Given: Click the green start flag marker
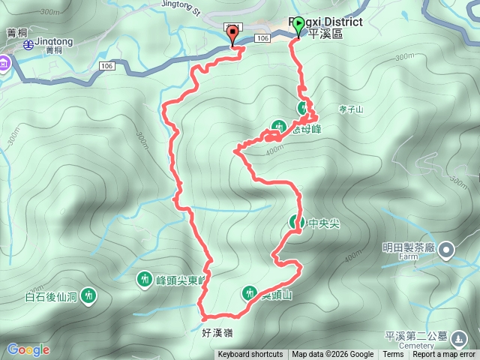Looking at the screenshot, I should (298, 26).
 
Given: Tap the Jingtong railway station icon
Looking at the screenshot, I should (28, 44).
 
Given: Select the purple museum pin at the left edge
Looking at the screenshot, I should (3, 63).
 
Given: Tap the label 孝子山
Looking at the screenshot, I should (349, 109).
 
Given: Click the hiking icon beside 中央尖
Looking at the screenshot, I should (295, 222).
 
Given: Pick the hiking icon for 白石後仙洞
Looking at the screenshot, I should (89, 296).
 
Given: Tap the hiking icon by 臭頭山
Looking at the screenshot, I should (250, 293).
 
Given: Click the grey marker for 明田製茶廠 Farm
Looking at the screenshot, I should (446, 249).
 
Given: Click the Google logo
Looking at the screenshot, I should (28, 349).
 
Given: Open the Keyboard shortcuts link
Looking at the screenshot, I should (250, 355).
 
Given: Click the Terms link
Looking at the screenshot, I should (393, 355).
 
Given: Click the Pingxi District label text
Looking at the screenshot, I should (330, 22).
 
